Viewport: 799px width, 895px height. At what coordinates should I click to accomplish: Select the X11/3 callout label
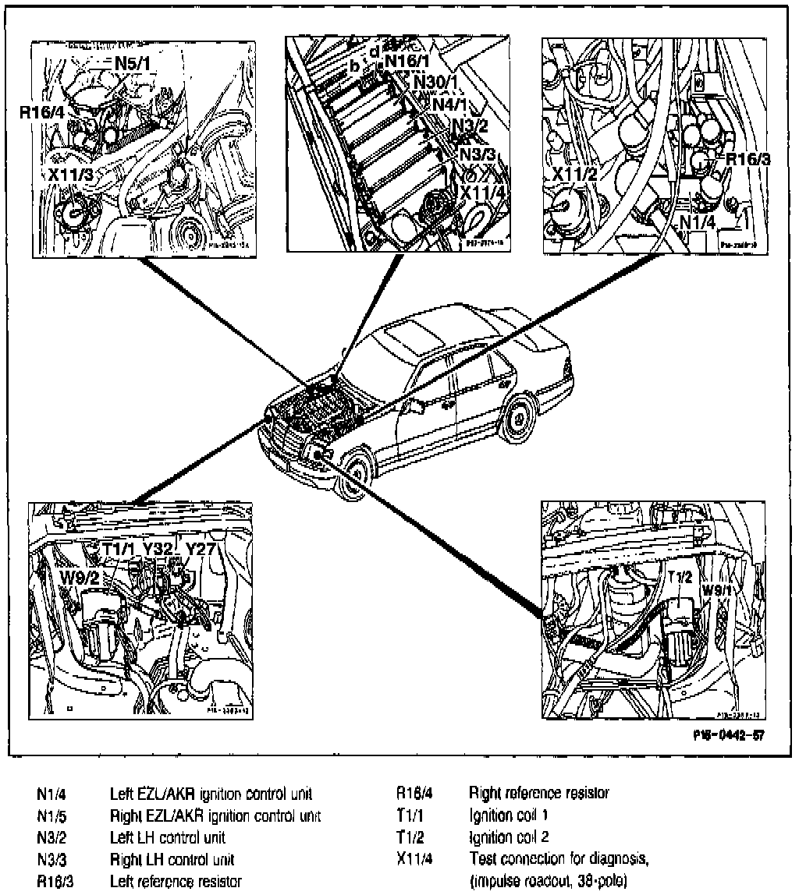pos(70,175)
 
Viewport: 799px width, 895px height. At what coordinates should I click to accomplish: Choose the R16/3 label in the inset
pos(748,160)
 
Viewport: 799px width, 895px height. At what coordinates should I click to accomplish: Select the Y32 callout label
pos(157,548)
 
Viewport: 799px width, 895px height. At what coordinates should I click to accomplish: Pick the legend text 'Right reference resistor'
pos(538,794)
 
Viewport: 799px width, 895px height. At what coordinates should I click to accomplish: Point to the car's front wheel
pos(350,476)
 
